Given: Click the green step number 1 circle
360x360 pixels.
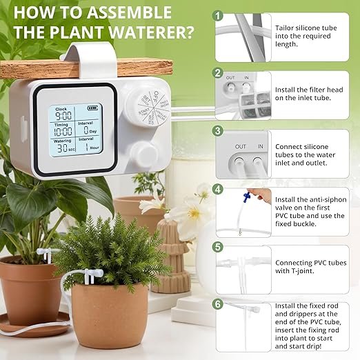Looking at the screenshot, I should pos(219,14).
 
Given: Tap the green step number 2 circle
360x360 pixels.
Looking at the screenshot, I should pos(219,73).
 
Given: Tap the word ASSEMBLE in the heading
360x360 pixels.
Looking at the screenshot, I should pos(128,12).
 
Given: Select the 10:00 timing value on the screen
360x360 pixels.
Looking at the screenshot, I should pos(63,132).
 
